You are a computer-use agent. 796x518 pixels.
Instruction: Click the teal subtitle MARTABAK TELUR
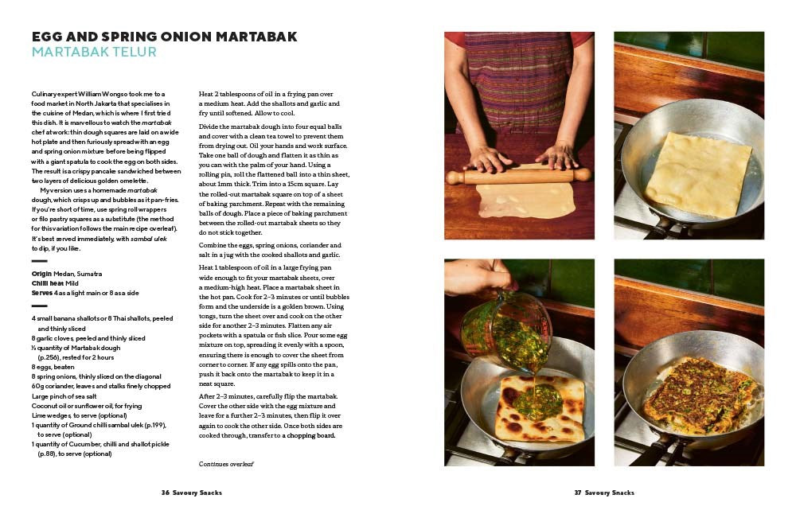click(x=94, y=53)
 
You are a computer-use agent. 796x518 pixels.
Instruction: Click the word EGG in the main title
click(x=49, y=37)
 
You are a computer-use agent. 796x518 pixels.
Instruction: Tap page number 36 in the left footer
click(x=166, y=493)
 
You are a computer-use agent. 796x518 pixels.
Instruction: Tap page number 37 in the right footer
click(x=578, y=493)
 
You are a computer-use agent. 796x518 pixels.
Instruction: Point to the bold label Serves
click(x=43, y=293)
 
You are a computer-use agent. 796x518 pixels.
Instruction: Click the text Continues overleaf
click(x=226, y=462)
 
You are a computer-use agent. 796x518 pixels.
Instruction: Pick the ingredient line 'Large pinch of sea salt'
click(x=64, y=395)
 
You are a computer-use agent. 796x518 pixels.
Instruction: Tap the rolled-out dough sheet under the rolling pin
click(x=525, y=200)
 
